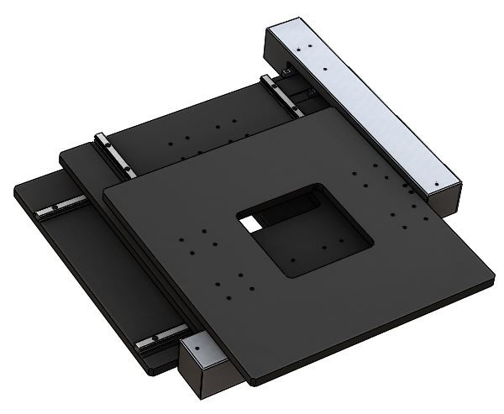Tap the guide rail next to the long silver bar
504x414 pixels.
click(x=281, y=93)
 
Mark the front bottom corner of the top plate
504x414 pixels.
click(x=249, y=382)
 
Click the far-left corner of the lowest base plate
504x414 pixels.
click(x=15, y=191)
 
